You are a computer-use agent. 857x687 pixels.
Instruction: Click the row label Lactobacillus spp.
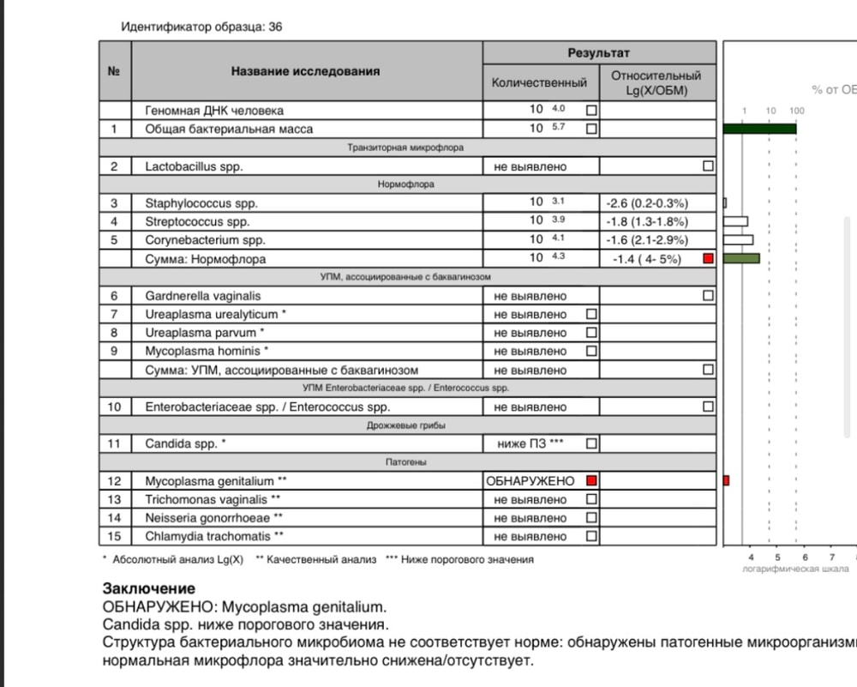(194, 166)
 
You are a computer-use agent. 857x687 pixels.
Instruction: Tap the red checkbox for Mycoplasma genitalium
(591, 480)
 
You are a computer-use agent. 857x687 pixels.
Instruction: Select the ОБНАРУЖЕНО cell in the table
(530, 480)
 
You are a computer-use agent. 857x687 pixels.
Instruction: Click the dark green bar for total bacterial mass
(760, 129)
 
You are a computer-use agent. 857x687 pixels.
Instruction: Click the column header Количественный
(539, 83)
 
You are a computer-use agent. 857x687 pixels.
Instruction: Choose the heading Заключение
(149, 588)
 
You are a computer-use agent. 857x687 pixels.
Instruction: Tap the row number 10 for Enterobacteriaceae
(115, 407)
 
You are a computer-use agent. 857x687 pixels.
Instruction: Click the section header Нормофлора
(406, 184)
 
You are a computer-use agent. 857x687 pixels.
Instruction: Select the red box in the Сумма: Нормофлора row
(708, 258)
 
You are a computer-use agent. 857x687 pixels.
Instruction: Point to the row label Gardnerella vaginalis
(203, 296)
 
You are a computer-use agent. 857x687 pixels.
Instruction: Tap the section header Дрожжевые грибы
(406, 425)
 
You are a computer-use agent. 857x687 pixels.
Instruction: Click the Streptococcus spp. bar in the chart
(735, 221)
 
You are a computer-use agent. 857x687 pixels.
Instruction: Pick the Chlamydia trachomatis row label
(214, 536)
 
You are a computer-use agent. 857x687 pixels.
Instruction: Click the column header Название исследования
(305, 71)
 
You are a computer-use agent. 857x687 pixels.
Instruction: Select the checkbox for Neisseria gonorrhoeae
(591, 518)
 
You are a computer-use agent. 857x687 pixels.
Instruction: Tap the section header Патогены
(406, 462)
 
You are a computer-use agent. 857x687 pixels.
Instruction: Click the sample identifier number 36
(275, 27)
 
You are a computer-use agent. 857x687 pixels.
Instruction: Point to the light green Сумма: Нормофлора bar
(741, 258)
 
